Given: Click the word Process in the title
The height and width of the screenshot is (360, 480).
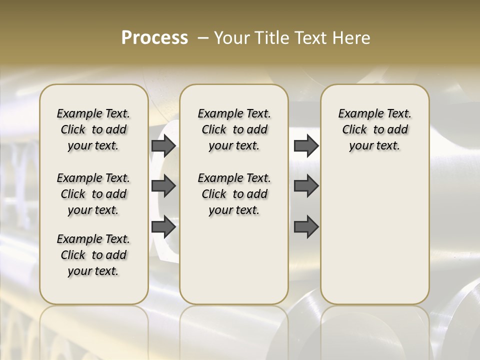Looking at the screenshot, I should click(154, 37).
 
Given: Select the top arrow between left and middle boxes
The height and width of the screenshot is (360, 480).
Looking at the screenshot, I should click(163, 145).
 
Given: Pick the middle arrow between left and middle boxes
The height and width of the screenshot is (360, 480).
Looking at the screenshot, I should click(163, 186).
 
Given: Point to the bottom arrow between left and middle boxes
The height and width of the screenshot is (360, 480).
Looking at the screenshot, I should click(163, 227).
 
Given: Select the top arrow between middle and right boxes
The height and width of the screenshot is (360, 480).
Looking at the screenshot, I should click(306, 145).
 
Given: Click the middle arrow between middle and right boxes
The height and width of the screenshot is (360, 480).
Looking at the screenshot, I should click(306, 186).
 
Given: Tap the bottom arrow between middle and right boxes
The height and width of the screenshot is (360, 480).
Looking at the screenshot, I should click(306, 227).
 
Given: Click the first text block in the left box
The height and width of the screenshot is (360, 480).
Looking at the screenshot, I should click(93, 129).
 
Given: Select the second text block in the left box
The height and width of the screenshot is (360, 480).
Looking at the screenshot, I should click(93, 194).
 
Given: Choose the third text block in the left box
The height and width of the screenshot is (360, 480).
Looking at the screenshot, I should click(93, 255).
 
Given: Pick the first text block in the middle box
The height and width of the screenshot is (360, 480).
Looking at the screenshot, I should click(234, 129).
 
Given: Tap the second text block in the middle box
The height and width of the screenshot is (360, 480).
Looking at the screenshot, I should click(234, 194).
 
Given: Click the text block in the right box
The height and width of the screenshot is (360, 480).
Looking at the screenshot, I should click(374, 129).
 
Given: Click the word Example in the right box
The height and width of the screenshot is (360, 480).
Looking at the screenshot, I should click(357, 114).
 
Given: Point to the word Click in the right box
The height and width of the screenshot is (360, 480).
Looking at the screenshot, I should click(354, 130).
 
